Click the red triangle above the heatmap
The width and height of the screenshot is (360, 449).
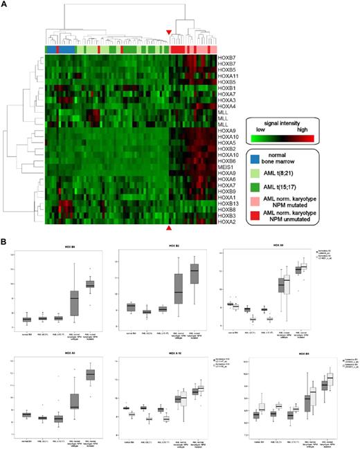pos(169,33)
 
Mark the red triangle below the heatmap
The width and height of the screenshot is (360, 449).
pos(168,228)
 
